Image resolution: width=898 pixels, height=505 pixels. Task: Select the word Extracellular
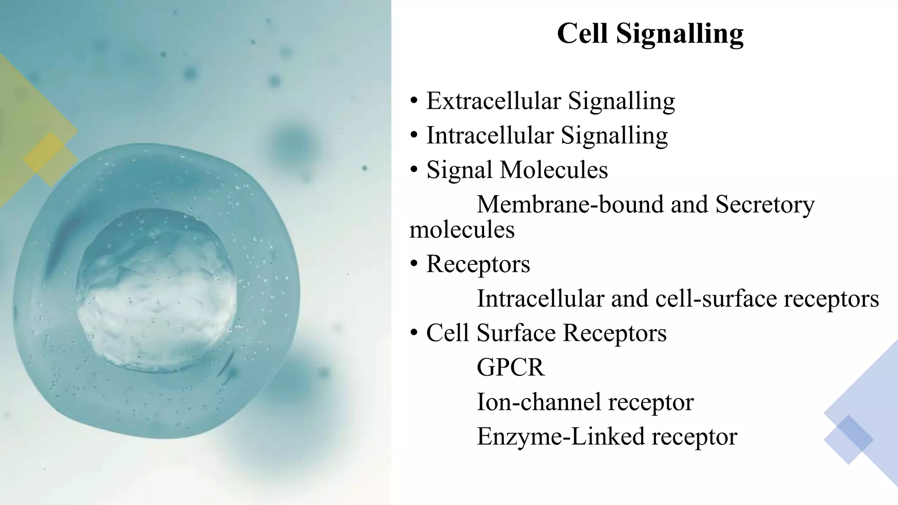click(x=493, y=101)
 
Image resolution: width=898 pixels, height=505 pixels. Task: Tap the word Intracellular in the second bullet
click(x=490, y=135)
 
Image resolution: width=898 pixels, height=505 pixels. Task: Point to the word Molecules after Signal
click(x=554, y=170)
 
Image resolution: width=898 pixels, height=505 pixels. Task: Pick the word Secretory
click(x=765, y=205)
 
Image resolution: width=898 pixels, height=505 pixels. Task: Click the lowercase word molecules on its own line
click(x=462, y=230)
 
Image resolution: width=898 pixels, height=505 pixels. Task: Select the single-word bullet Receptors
click(x=478, y=264)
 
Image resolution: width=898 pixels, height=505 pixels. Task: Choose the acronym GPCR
click(x=510, y=367)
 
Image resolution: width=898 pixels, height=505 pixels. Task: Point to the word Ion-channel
click(x=538, y=402)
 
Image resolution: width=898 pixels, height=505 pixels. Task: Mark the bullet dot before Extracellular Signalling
click(x=414, y=102)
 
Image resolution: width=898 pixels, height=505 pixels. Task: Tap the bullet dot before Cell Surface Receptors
click(x=414, y=333)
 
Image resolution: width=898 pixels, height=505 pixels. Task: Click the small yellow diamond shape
click(x=50, y=159)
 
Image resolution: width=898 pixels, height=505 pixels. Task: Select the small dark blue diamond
click(x=848, y=439)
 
